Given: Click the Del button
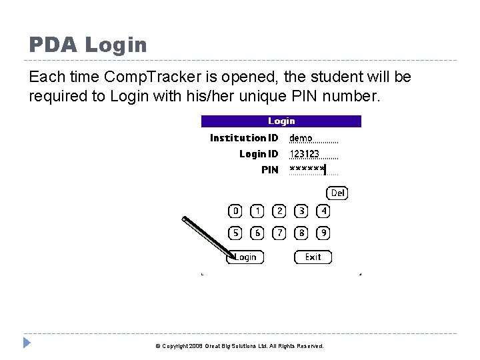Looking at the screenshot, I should [337, 193].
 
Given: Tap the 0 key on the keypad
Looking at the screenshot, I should [235, 211].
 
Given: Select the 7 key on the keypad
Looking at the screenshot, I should [279, 233].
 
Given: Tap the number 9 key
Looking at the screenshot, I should [323, 233].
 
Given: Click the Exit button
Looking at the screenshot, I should [313, 257].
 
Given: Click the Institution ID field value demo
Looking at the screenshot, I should [301, 138].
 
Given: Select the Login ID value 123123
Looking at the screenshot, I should [304, 154].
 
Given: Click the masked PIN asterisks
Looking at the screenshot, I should [307, 169].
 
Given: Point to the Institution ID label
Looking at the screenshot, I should [244, 138].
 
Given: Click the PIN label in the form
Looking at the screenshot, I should [270, 170].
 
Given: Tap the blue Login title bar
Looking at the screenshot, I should [281, 121].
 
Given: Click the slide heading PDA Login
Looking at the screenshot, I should [87, 45].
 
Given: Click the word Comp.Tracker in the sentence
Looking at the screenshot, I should [141, 77].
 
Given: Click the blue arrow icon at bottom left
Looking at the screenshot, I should [27, 344].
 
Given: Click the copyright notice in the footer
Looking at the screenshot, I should [239, 347].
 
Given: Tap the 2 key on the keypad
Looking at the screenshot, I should [279, 211].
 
